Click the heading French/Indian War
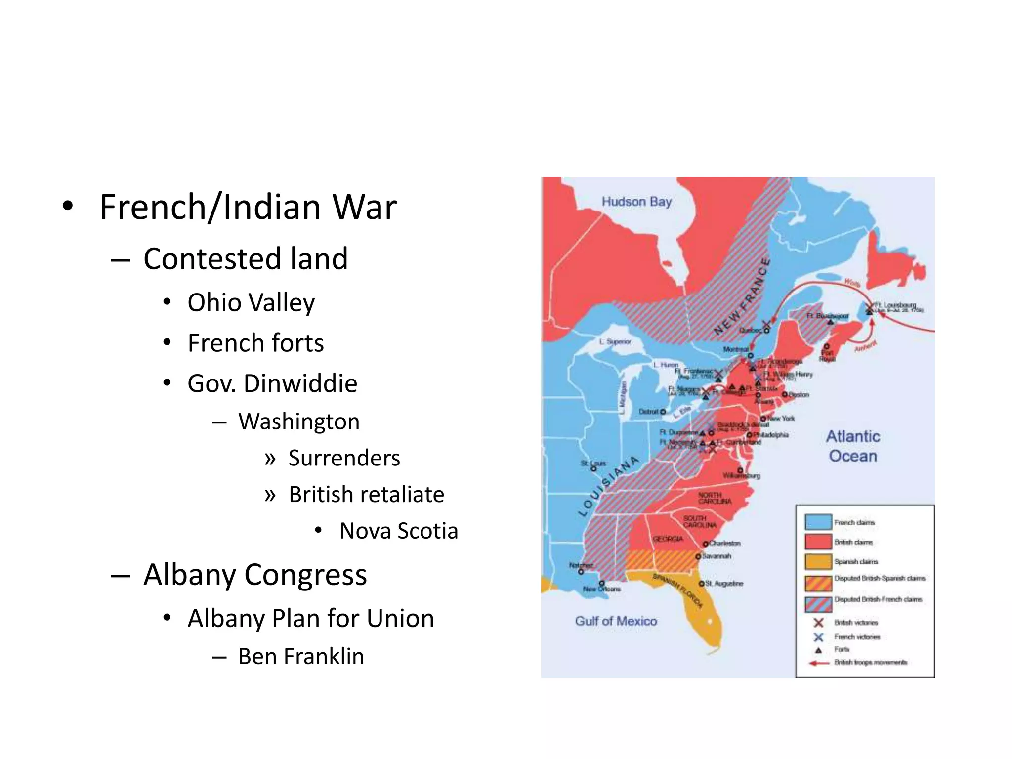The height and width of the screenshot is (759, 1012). [248, 207]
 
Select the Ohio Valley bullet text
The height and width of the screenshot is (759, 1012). [251, 302]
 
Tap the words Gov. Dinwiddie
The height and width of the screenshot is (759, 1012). [272, 383]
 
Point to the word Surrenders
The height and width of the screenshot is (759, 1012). [344, 458]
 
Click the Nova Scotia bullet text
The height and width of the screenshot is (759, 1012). [398, 531]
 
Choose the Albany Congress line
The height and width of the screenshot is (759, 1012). [255, 575]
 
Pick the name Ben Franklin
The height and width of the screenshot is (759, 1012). [301, 657]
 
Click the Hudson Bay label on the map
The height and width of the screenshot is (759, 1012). [636, 202]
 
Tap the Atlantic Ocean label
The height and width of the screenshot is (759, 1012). [853, 446]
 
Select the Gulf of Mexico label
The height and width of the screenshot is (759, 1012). [616, 621]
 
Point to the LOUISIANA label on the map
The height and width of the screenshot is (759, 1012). [608, 487]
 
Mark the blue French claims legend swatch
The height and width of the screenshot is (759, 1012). [818, 522]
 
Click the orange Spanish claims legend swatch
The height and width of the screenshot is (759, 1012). [818, 562]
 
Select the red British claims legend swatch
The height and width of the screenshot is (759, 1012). [818, 542]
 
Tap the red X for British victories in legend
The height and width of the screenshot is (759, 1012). [818, 623]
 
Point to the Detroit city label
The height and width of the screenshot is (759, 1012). [649, 412]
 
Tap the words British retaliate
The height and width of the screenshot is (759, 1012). [366, 495]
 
